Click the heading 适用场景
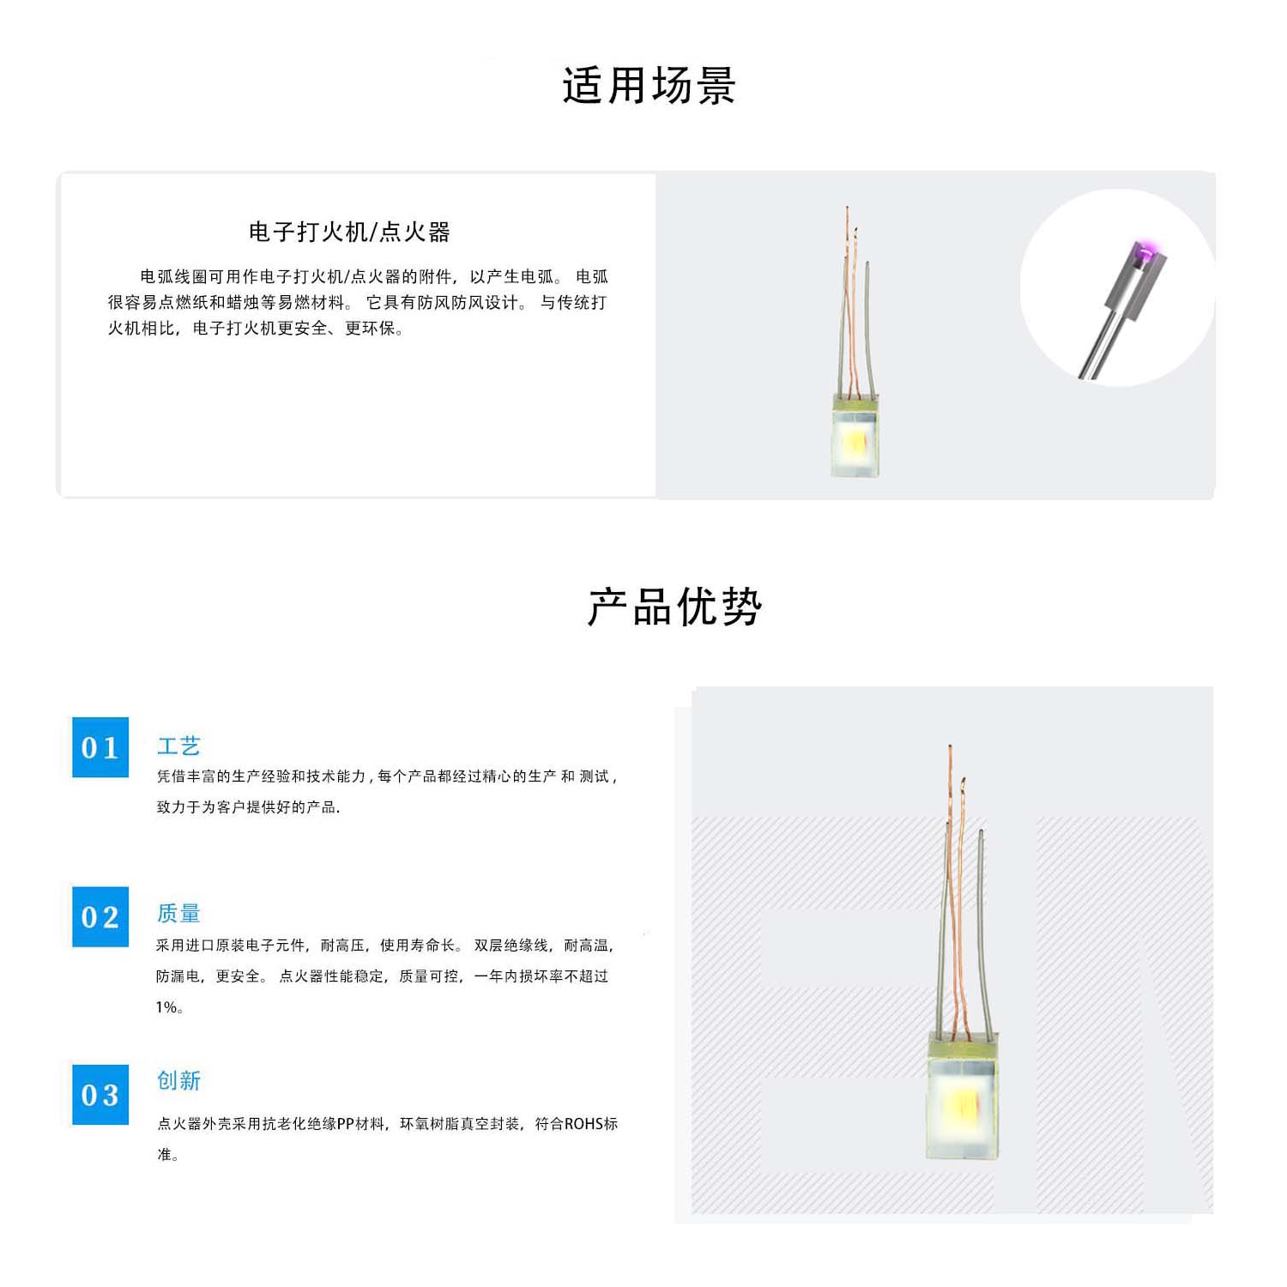coord(650,86)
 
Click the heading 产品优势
coord(675,607)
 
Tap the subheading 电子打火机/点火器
coord(349,232)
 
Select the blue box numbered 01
coord(100,747)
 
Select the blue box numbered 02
coord(100,916)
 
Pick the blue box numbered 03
coord(100,1095)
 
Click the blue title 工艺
coord(178,746)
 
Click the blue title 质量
coord(178,913)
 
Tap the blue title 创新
coord(178,1080)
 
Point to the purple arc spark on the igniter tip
coord(1143,251)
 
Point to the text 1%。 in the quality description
coord(169,1007)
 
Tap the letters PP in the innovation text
coord(345,1124)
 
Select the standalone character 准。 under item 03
coord(168,1155)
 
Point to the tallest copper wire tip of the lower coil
coord(950,747)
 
